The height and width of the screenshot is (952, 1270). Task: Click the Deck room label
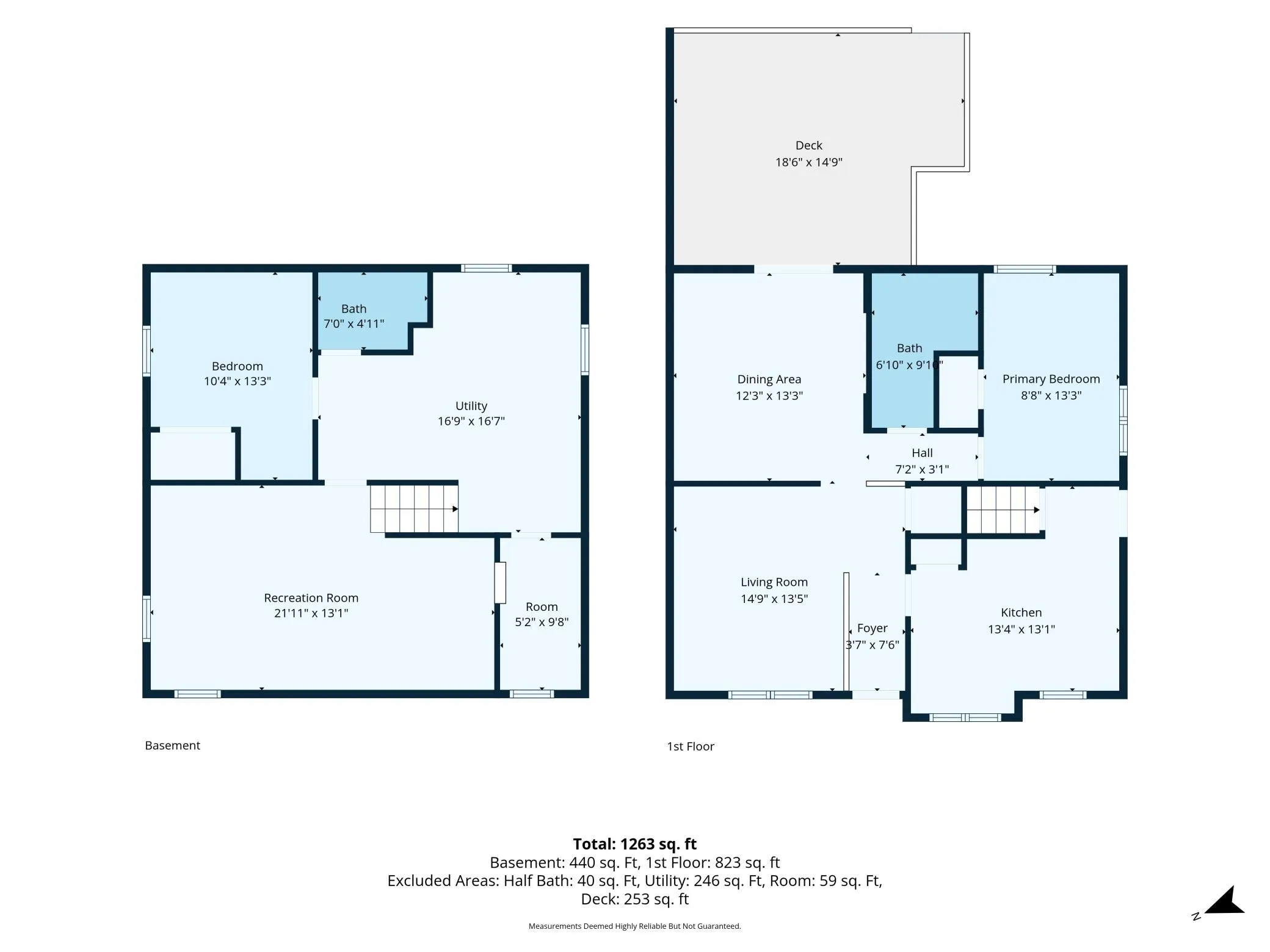[x=808, y=145]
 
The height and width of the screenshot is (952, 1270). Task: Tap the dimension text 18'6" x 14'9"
[x=808, y=162]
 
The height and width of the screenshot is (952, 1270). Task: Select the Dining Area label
[x=769, y=379]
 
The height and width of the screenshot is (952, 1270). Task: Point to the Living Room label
[x=774, y=582]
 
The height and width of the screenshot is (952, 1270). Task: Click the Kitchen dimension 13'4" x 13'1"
[x=1021, y=629]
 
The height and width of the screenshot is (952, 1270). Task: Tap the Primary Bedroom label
[x=1051, y=379]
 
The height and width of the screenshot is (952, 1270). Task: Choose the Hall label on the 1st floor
[x=922, y=453]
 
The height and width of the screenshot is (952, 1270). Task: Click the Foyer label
[x=872, y=629]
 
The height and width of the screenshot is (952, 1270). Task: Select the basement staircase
[x=414, y=508]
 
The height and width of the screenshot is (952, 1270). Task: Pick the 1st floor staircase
[x=1003, y=510]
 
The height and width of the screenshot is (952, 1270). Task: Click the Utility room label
[x=471, y=406]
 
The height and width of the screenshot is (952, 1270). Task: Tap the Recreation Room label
[x=311, y=598]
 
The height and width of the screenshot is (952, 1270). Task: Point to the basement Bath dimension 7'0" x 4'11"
[x=354, y=324]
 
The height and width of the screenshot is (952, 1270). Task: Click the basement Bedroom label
[x=237, y=366]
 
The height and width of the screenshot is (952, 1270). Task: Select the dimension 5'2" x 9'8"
[x=542, y=622]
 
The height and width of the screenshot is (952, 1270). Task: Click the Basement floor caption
[x=172, y=745]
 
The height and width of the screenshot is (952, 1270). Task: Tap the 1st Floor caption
[x=690, y=746]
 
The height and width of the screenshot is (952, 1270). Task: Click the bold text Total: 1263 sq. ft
[x=634, y=844]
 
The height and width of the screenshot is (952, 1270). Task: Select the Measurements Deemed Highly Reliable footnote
[x=634, y=926]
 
